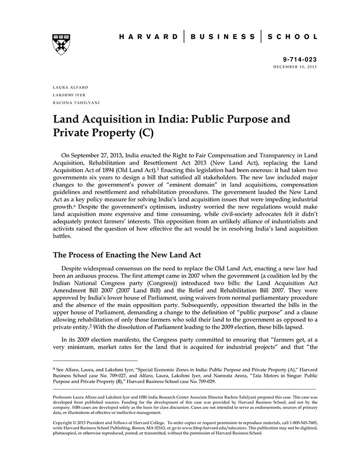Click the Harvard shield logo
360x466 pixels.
click(x=61, y=45)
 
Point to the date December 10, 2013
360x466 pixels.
click(x=295, y=67)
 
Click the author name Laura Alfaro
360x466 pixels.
click(x=67, y=87)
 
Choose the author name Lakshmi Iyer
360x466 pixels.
click(x=66, y=95)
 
